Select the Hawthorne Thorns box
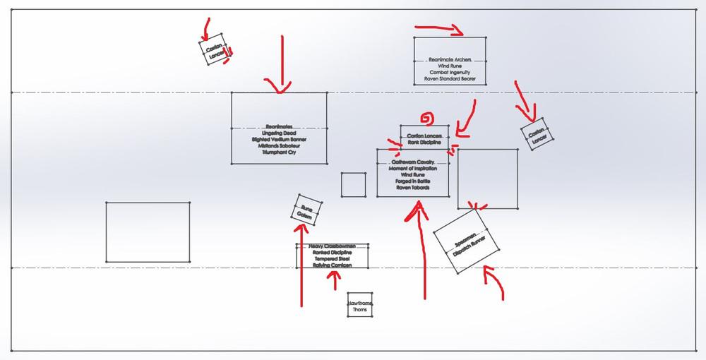click(x=359, y=305)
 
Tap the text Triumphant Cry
click(x=280, y=152)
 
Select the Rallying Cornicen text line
click(x=333, y=265)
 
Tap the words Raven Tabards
click(x=413, y=188)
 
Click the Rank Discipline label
click(x=424, y=142)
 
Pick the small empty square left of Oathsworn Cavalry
click(x=353, y=184)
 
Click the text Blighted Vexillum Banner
click(x=280, y=139)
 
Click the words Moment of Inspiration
click(x=413, y=169)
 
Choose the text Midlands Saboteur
click(x=280, y=145)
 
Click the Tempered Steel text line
click(x=333, y=259)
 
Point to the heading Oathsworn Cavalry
click(x=413, y=162)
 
